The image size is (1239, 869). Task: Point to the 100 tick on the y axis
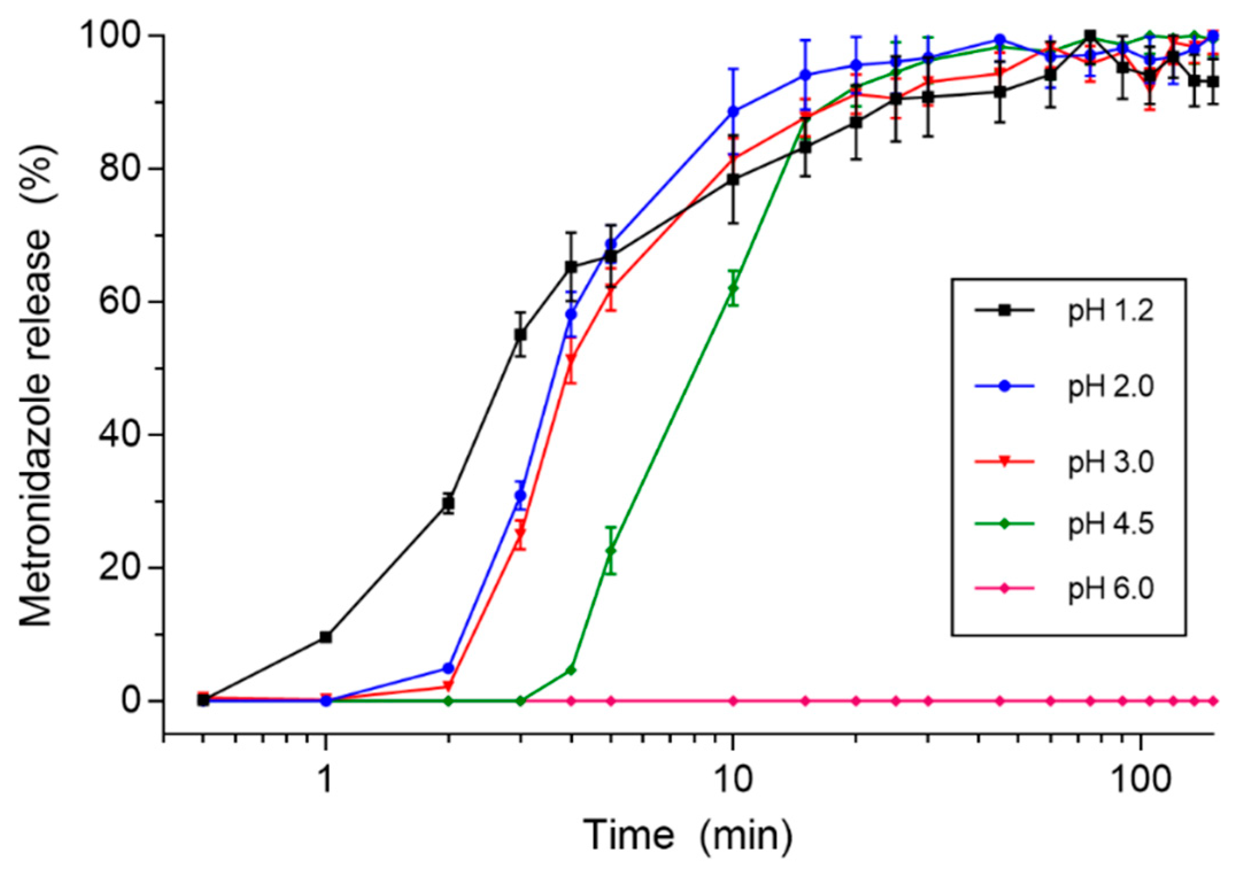pyautogui.click(x=114, y=36)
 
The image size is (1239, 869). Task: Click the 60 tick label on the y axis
pyautogui.click(x=123, y=302)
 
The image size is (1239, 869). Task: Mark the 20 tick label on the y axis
pyautogui.click(x=123, y=568)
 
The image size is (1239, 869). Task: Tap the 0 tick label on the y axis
pyautogui.click(x=134, y=701)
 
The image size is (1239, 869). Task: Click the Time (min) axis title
pyautogui.click(x=688, y=835)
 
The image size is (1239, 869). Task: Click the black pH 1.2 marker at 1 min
pyautogui.click(x=326, y=637)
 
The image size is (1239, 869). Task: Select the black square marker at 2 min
pyautogui.click(x=448, y=503)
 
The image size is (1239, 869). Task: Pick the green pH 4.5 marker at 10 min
pyautogui.click(x=733, y=288)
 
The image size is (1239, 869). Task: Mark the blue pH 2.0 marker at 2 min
pyautogui.click(x=448, y=668)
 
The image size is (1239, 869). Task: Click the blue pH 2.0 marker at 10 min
pyautogui.click(x=733, y=111)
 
